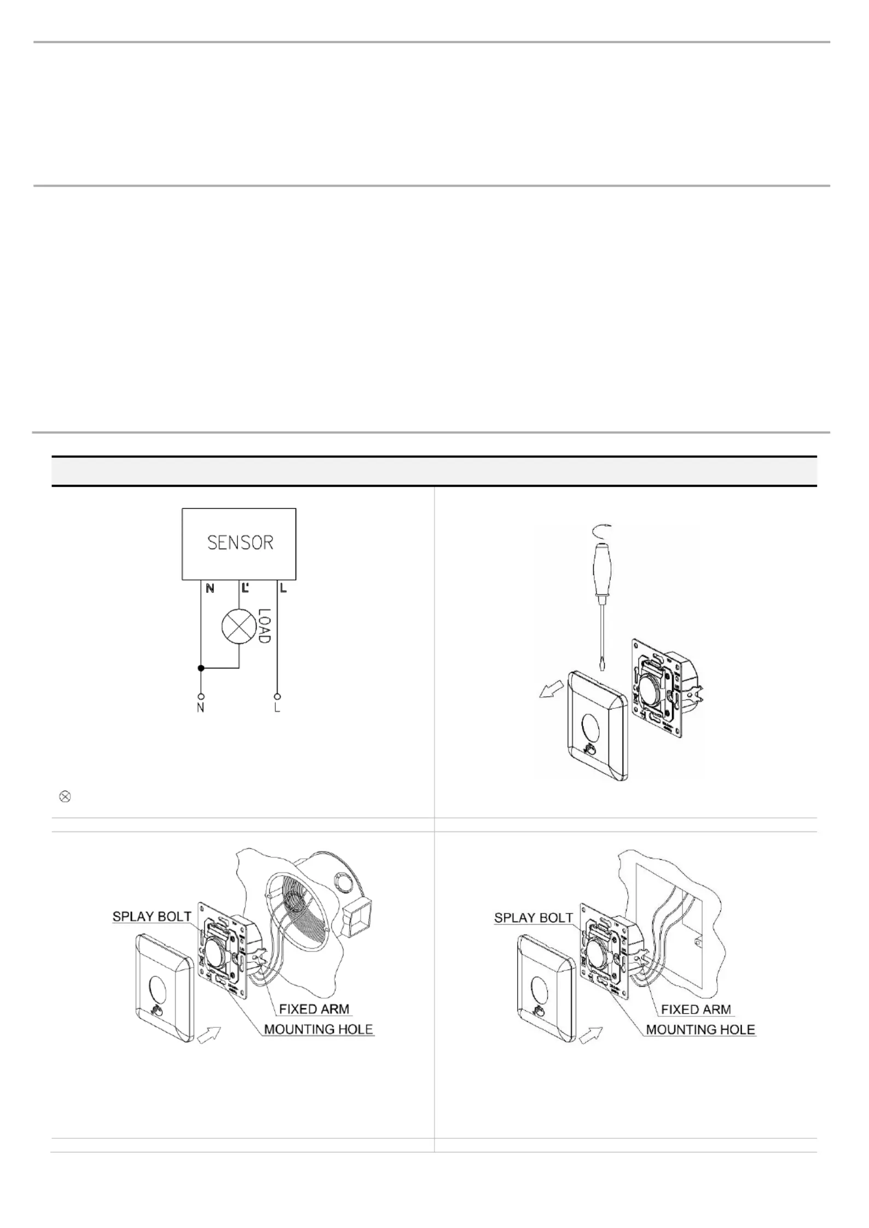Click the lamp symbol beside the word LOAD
click(x=239, y=625)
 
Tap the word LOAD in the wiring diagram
click(x=265, y=626)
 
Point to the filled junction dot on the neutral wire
click(x=201, y=668)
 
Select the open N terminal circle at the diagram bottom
click(x=201, y=697)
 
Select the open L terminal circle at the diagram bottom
click(x=277, y=697)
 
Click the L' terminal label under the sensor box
click(x=245, y=589)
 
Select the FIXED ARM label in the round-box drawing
click(x=314, y=1009)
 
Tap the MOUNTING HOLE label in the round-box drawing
click(x=318, y=1029)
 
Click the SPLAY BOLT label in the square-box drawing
click(x=534, y=917)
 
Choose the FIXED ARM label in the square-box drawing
click(x=696, y=1009)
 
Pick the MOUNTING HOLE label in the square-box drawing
click(x=700, y=1029)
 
